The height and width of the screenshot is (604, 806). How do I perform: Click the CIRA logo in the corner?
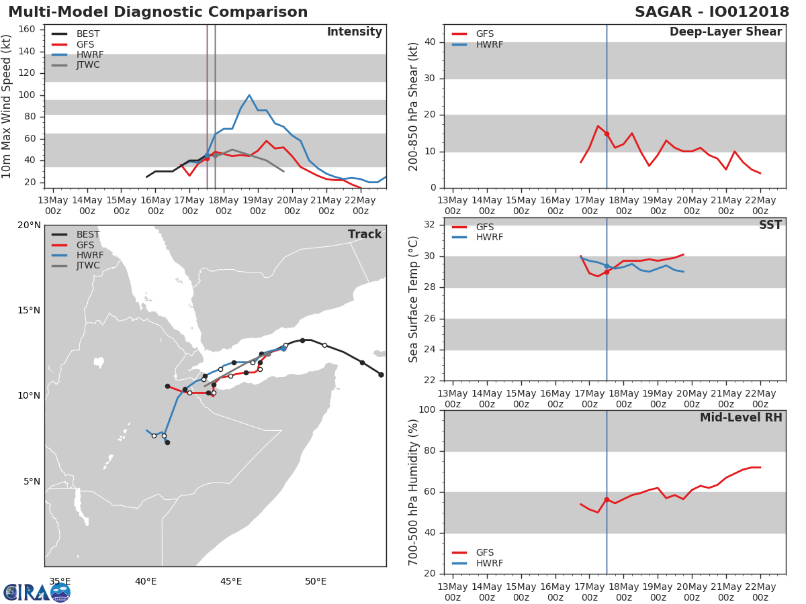36,593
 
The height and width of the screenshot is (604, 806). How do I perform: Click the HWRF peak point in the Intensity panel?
249,95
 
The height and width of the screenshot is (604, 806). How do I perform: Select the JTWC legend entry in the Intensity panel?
76,65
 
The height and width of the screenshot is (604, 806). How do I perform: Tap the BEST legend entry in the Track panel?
76,234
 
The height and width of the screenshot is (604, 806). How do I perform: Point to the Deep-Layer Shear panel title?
725,32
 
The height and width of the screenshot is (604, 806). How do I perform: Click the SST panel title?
770,224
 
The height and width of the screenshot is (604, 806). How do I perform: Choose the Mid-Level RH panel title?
741,417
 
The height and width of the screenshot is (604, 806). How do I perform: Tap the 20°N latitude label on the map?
29,225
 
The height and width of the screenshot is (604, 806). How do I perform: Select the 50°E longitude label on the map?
316,582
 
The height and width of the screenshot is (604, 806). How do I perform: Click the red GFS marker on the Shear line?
607,134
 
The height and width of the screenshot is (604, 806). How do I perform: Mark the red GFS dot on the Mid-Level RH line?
607,500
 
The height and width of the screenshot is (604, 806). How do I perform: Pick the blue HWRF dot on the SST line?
607,266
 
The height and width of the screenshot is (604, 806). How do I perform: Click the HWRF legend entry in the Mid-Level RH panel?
478,563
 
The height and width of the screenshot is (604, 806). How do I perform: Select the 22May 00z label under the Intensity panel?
361,206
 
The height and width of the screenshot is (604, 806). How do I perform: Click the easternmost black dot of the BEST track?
381,374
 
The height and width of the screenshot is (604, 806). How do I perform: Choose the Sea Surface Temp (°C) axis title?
413,299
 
